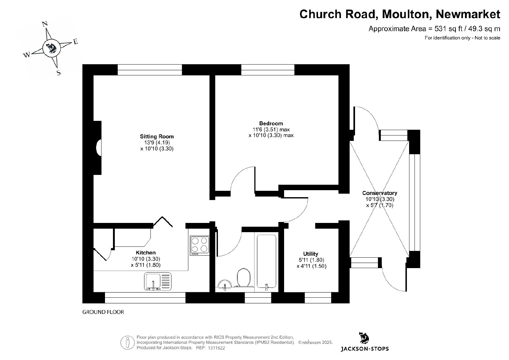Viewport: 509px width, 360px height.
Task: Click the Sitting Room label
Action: click(x=157, y=136)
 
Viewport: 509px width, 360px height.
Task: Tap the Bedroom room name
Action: click(x=271, y=123)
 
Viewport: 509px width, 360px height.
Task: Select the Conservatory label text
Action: click(x=380, y=193)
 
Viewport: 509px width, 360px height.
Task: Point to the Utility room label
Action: click(x=310, y=254)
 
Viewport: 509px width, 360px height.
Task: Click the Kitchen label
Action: click(x=146, y=253)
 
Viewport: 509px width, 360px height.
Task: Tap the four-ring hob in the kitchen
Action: click(x=200, y=246)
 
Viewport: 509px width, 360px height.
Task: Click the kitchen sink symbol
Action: click(x=158, y=281)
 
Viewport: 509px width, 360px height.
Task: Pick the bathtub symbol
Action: click(x=267, y=262)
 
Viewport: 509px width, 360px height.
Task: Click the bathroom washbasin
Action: click(x=225, y=284)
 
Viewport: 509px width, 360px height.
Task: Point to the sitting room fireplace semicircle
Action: click(x=99, y=148)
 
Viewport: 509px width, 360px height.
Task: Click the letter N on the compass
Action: click(x=45, y=24)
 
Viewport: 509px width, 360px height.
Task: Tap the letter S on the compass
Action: click(x=59, y=73)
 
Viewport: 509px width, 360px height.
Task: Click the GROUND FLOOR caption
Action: click(x=103, y=312)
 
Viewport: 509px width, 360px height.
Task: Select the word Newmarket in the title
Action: click(x=468, y=14)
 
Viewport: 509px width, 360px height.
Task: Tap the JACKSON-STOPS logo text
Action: click(x=365, y=349)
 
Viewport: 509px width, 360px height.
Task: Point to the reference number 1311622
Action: click(x=217, y=348)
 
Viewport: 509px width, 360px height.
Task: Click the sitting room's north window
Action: click(x=150, y=70)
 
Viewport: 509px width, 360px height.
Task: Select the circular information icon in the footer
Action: click(x=128, y=343)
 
